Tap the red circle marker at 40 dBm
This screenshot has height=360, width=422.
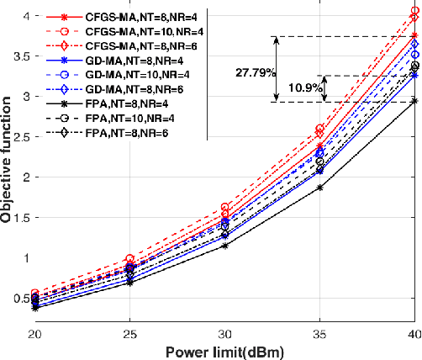[x=414, y=11]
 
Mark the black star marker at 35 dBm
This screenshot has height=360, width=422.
[x=319, y=188]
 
